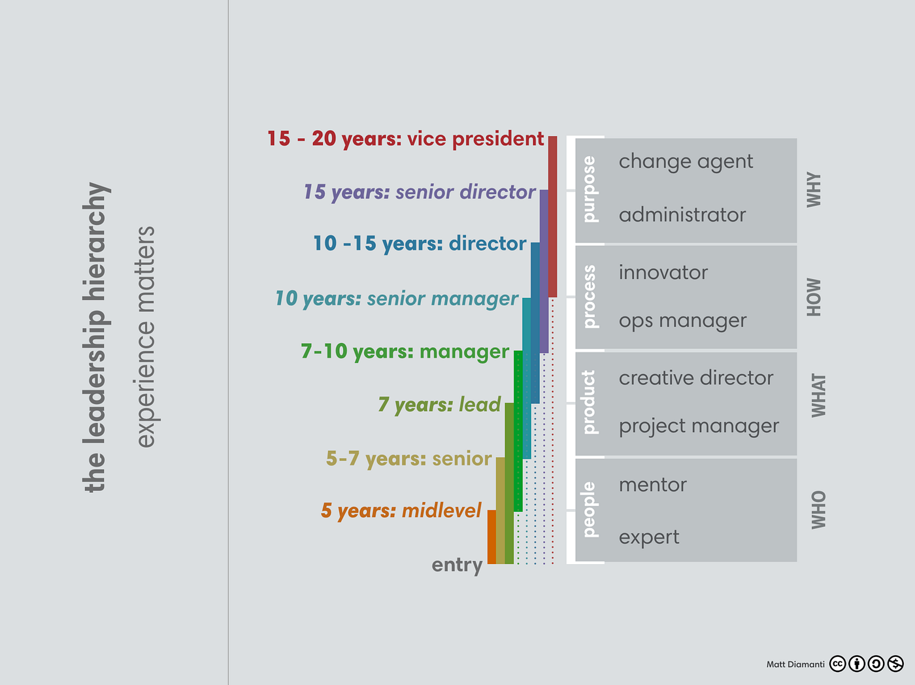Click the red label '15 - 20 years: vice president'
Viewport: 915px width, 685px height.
pyautogui.click(x=405, y=139)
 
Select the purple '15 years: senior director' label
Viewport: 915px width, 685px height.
pyautogui.click(x=419, y=192)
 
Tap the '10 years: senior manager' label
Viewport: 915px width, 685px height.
pyautogui.click(x=396, y=299)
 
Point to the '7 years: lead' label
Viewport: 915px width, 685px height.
pyautogui.click(x=439, y=405)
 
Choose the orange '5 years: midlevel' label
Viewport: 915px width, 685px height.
pyautogui.click(x=401, y=510)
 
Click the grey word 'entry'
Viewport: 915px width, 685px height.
pyautogui.click(x=457, y=565)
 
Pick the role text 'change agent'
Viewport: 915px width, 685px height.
pyautogui.click(x=686, y=161)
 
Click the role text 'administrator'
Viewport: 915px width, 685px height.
pyautogui.click(x=682, y=215)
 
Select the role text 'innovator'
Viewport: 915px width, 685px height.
pyautogui.click(x=663, y=273)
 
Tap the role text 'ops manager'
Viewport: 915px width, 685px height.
pyautogui.click(x=682, y=321)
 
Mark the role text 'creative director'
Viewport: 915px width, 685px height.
pyautogui.click(x=695, y=378)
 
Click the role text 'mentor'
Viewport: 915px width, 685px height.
pyautogui.click(x=652, y=485)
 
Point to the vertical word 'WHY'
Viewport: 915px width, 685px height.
pyautogui.click(x=814, y=190)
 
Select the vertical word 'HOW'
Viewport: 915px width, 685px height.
pyautogui.click(x=814, y=297)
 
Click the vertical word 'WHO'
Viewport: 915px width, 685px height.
pyautogui.click(x=818, y=510)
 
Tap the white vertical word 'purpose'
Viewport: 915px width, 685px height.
pyautogui.click(x=589, y=189)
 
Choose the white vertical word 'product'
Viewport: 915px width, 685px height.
pyautogui.click(x=589, y=402)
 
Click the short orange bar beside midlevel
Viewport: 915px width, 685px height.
pyautogui.click(x=491, y=537)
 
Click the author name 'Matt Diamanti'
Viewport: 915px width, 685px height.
pyautogui.click(x=795, y=664)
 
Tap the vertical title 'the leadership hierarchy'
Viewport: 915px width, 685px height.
pyautogui.click(x=95, y=337)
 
